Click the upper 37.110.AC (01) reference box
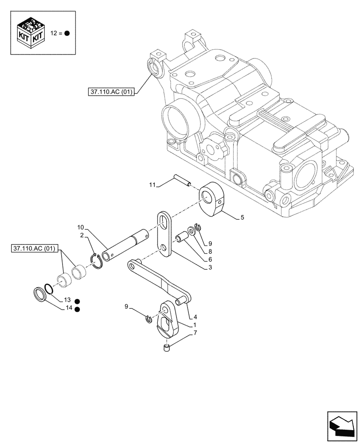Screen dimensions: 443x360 coord(110,92)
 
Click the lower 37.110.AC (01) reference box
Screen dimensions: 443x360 coord(33,248)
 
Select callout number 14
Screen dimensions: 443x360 coord(67,309)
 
